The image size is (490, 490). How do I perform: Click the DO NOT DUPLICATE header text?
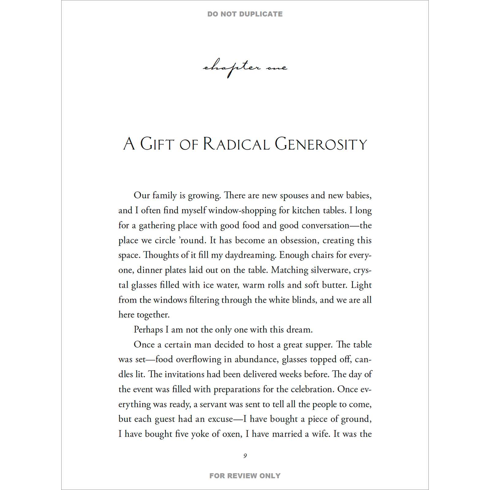(x=245, y=14)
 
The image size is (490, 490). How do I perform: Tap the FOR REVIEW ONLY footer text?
(x=245, y=476)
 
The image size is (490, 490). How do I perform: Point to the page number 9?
(x=245, y=456)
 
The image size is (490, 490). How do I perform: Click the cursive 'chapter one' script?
(x=245, y=68)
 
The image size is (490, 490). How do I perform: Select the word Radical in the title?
(x=236, y=144)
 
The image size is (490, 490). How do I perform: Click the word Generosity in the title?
(x=321, y=144)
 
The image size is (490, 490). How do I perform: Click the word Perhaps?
(x=148, y=330)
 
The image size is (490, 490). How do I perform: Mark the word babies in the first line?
(x=359, y=195)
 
